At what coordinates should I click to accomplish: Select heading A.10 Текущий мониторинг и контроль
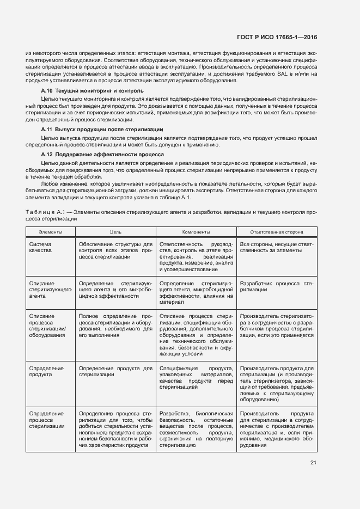click(x=93, y=90)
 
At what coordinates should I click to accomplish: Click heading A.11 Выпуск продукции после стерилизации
click(x=102, y=130)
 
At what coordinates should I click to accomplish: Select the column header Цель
click(x=115, y=232)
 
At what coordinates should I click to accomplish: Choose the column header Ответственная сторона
click(x=277, y=232)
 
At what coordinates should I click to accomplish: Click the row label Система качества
click(x=41, y=249)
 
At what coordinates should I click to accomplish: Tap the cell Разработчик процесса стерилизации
click(x=277, y=287)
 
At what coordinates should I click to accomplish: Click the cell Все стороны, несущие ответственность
click(x=277, y=249)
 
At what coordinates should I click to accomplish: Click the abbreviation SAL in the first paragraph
click(x=277, y=73)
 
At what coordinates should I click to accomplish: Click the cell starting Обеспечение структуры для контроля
click(x=115, y=253)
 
